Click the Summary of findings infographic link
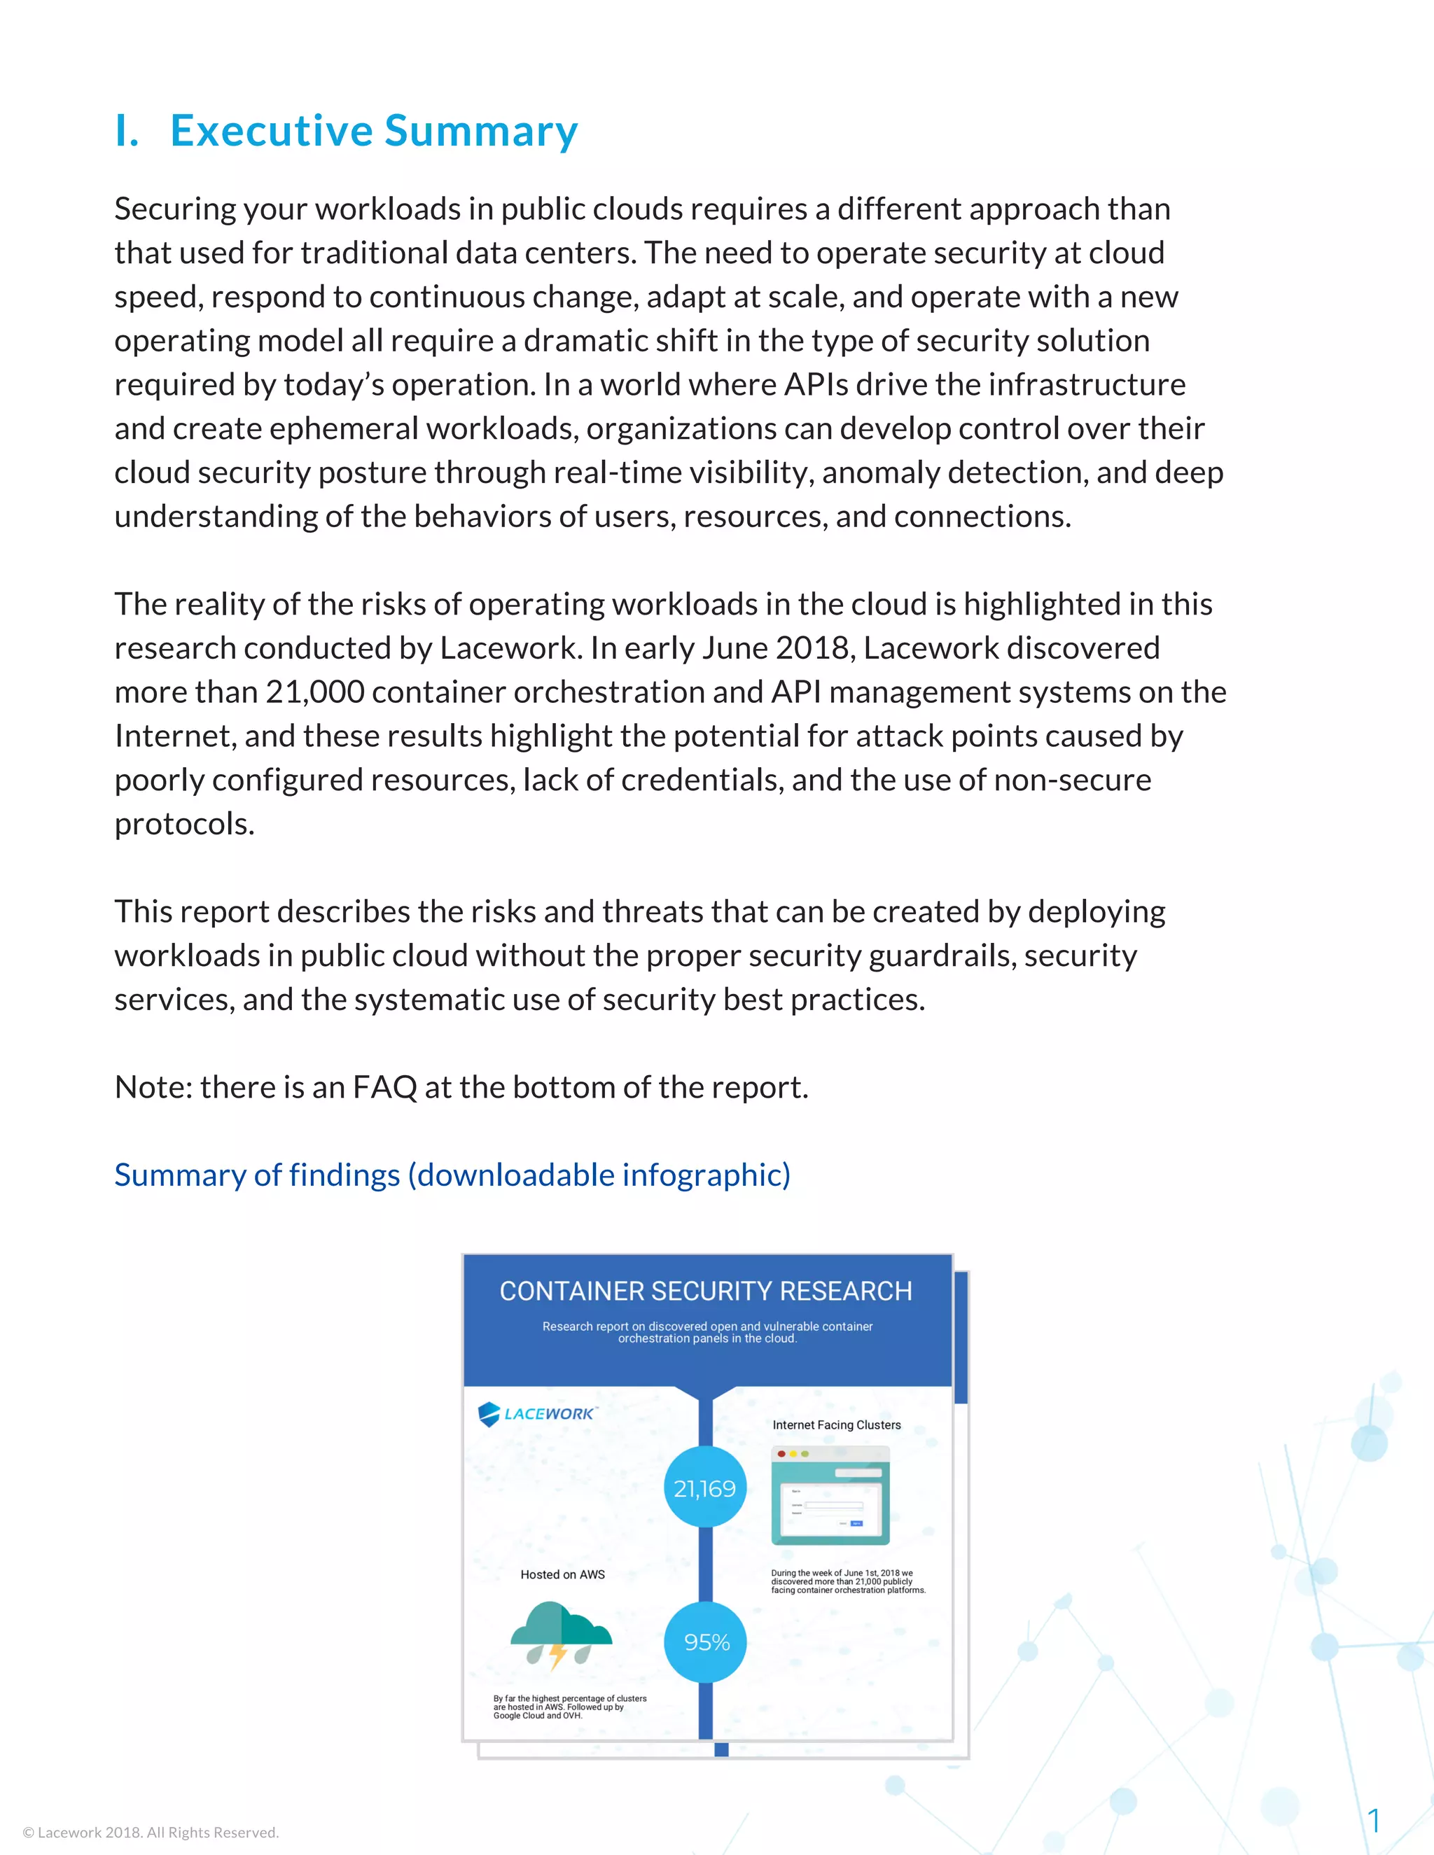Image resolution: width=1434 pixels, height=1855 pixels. [452, 1175]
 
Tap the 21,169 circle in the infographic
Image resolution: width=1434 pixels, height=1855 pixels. [704, 1488]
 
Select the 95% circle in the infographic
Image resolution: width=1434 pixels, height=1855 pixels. [706, 1641]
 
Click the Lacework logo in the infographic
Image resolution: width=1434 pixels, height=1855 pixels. [537, 1413]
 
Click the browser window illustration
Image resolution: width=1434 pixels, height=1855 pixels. [830, 1495]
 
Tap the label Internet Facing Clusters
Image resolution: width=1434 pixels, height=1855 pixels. [836, 1424]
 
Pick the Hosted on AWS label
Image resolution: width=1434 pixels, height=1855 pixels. [562, 1574]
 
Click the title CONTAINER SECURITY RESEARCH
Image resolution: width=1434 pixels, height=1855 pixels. [705, 1291]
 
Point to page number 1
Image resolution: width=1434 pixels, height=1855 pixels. [1373, 1819]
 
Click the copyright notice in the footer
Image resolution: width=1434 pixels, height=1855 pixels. [151, 1832]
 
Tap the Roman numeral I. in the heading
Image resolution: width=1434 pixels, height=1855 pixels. [127, 131]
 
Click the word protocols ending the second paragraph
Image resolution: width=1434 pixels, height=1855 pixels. [184, 824]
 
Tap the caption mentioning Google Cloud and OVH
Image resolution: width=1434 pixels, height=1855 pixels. [569, 1707]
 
